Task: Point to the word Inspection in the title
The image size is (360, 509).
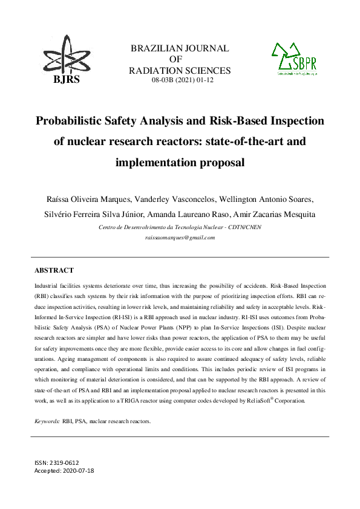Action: pyautogui.click(x=290, y=120)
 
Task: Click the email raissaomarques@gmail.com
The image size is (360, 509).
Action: pyautogui.click(x=180, y=238)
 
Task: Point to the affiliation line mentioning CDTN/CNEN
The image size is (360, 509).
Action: pyautogui.click(x=180, y=227)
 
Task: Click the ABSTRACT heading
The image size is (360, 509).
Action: pyautogui.click(x=54, y=270)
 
